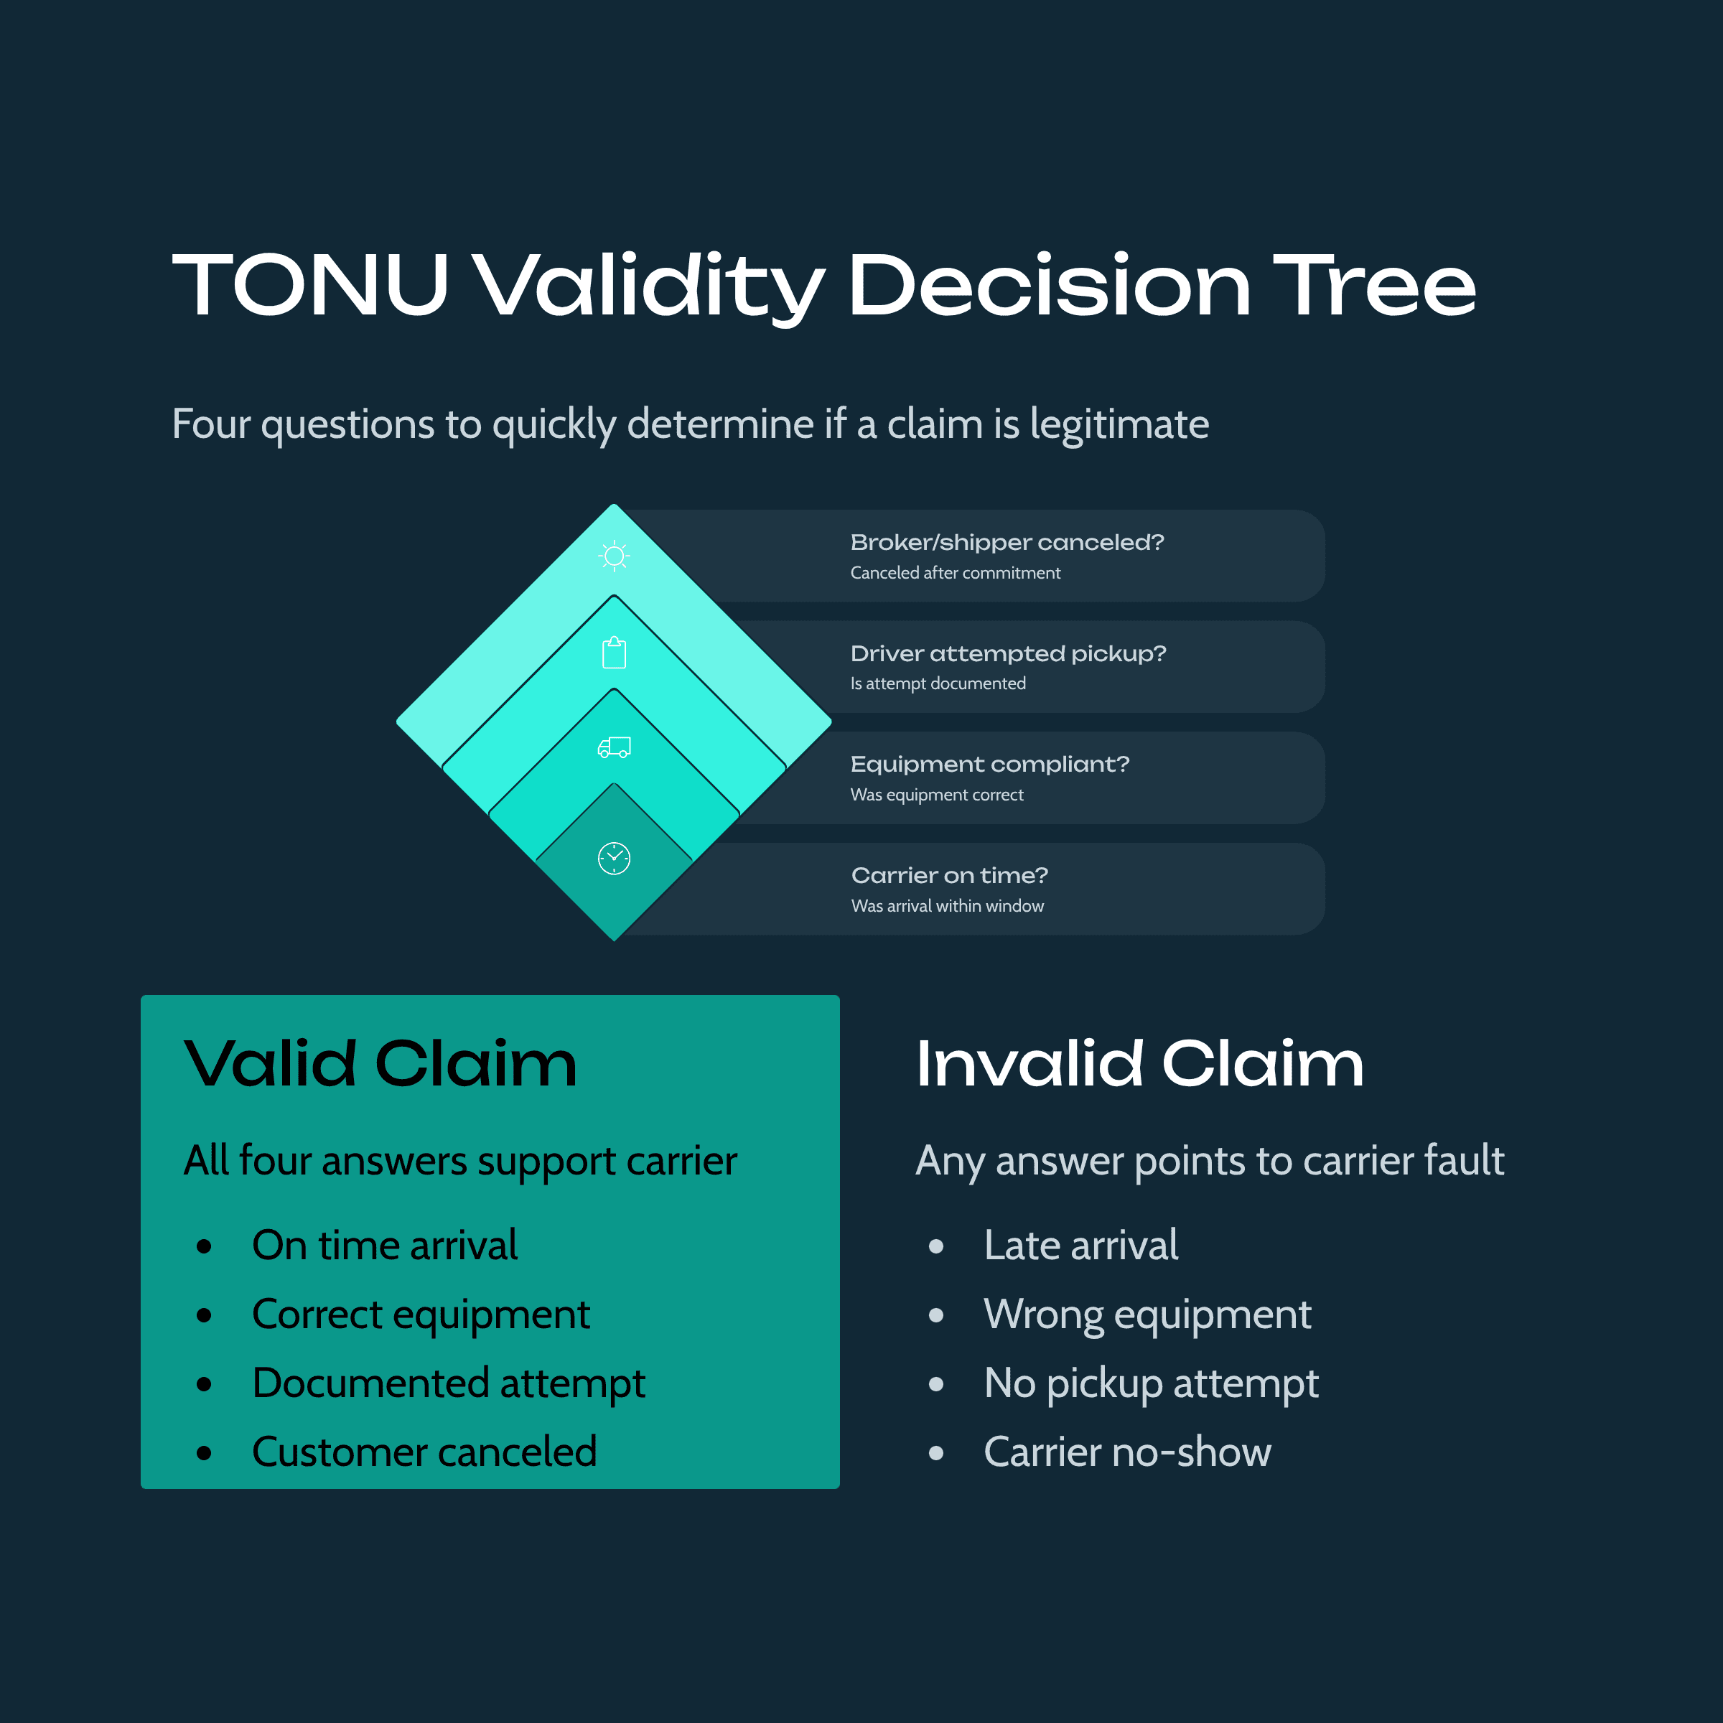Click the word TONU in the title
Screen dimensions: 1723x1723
click(x=309, y=286)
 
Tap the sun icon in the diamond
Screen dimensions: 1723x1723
click(x=614, y=556)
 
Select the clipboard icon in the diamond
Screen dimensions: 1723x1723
click(x=614, y=653)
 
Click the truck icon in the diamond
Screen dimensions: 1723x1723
click(x=614, y=747)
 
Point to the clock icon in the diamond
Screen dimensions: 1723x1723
click(x=614, y=858)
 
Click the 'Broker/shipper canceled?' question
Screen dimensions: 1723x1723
click(x=1007, y=542)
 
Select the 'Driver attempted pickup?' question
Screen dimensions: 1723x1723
click(x=1008, y=654)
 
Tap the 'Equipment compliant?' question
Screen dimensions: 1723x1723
click(x=989, y=765)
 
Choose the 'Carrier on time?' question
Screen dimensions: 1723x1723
click(x=949, y=875)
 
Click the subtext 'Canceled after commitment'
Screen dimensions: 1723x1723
click(x=955, y=573)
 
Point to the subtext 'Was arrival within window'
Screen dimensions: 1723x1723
click(x=947, y=906)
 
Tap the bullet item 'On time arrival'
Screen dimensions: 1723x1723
click(x=384, y=1245)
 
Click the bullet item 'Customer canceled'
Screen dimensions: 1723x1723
click(x=424, y=1452)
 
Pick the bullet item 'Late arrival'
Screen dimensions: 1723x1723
click(x=1080, y=1245)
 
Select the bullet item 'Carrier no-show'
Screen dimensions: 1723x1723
click(x=1126, y=1452)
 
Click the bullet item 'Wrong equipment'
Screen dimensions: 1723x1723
click(x=1147, y=1315)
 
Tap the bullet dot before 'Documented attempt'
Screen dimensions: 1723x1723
click(x=204, y=1384)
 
